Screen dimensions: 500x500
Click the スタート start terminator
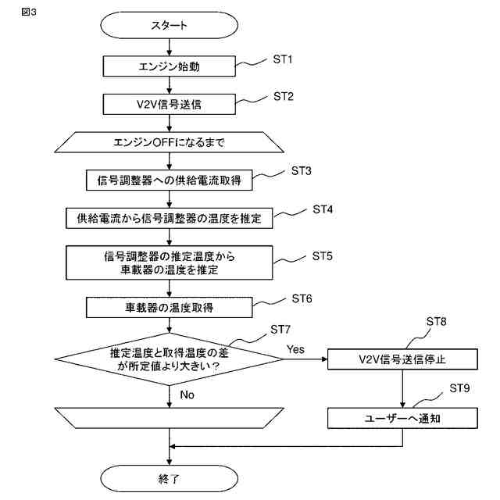(x=169, y=25)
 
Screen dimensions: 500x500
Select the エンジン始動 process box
(x=169, y=66)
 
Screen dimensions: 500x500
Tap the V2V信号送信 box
(x=169, y=104)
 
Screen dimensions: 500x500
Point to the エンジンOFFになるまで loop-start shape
(x=169, y=142)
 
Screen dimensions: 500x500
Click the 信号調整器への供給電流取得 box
(x=169, y=180)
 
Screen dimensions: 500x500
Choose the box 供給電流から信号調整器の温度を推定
(x=169, y=219)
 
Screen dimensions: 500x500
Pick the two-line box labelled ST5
(x=169, y=262)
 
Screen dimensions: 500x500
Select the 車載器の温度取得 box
(x=169, y=307)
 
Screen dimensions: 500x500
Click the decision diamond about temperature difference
(x=169, y=359)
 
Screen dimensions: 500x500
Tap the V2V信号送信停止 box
(x=402, y=359)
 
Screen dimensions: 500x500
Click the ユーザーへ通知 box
(x=402, y=418)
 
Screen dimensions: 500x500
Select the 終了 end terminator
(x=169, y=478)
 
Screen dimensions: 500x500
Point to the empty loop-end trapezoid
(x=169, y=418)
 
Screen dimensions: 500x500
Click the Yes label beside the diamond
(x=295, y=349)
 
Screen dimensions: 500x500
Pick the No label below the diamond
(x=187, y=395)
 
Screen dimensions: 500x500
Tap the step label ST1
(x=283, y=59)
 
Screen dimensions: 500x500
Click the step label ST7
(x=280, y=329)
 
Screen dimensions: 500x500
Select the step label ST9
(x=459, y=388)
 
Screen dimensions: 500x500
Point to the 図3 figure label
(x=29, y=12)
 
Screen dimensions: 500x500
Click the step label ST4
(x=323, y=209)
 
